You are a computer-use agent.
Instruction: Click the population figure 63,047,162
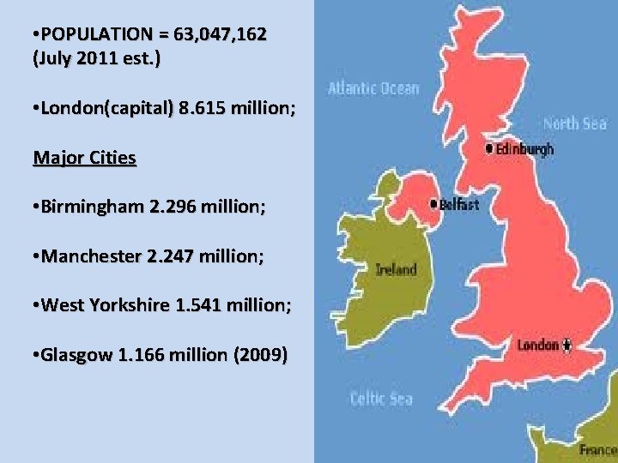(x=220, y=35)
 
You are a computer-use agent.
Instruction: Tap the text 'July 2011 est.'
(x=96, y=61)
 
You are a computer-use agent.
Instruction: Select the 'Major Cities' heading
(x=84, y=158)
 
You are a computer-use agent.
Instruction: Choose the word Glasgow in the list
(x=76, y=353)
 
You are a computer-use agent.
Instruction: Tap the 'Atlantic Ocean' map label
(x=373, y=88)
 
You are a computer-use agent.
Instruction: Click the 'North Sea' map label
(x=574, y=123)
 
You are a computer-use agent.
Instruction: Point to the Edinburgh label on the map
(x=524, y=149)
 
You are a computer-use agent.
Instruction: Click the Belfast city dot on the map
(x=433, y=204)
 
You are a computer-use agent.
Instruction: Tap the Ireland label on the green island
(x=396, y=269)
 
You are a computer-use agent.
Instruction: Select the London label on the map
(x=537, y=346)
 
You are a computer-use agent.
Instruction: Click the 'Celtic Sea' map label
(x=381, y=398)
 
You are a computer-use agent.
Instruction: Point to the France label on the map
(x=597, y=449)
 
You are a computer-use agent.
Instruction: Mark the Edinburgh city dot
(x=489, y=148)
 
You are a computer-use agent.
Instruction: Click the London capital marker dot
(x=566, y=346)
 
